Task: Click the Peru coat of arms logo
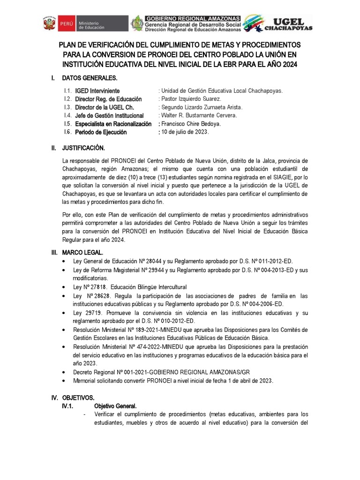[x=49, y=23]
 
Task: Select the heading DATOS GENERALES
[x=90, y=77]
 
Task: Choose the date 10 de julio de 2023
[x=185, y=132]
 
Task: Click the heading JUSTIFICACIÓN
[x=83, y=148]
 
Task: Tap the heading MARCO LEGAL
[x=82, y=252]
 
